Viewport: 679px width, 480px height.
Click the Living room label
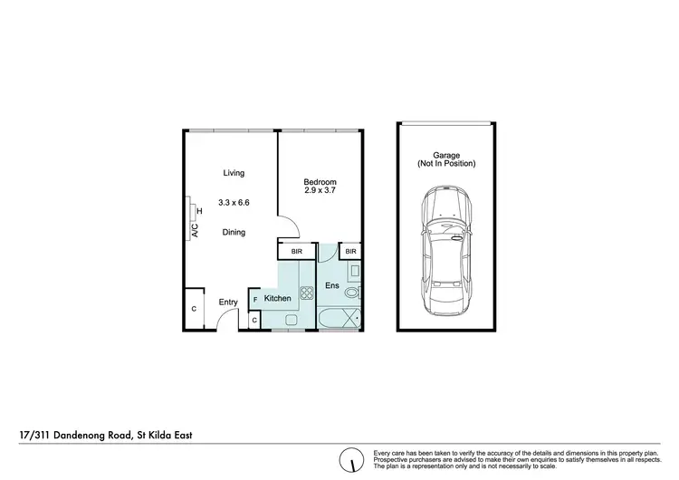click(x=234, y=173)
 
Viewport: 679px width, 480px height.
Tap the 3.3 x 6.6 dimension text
click(x=234, y=203)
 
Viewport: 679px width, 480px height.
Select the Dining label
click(x=234, y=233)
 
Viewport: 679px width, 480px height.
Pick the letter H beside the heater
click(x=199, y=213)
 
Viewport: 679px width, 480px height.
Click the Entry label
click(x=228, y=302)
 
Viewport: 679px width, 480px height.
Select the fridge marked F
click(x=255, y=298)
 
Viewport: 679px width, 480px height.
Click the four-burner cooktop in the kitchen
click(x=293, y=293)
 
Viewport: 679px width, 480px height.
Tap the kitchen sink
click(x=292, y=320)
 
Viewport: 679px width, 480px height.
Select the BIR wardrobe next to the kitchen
click(x=296, y=252)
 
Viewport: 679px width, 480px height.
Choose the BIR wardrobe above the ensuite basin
click(x=350, y=252)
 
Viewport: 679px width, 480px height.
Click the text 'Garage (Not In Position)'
click(x=445, y=159)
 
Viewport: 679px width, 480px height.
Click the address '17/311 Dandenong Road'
click(x=77, y=436)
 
